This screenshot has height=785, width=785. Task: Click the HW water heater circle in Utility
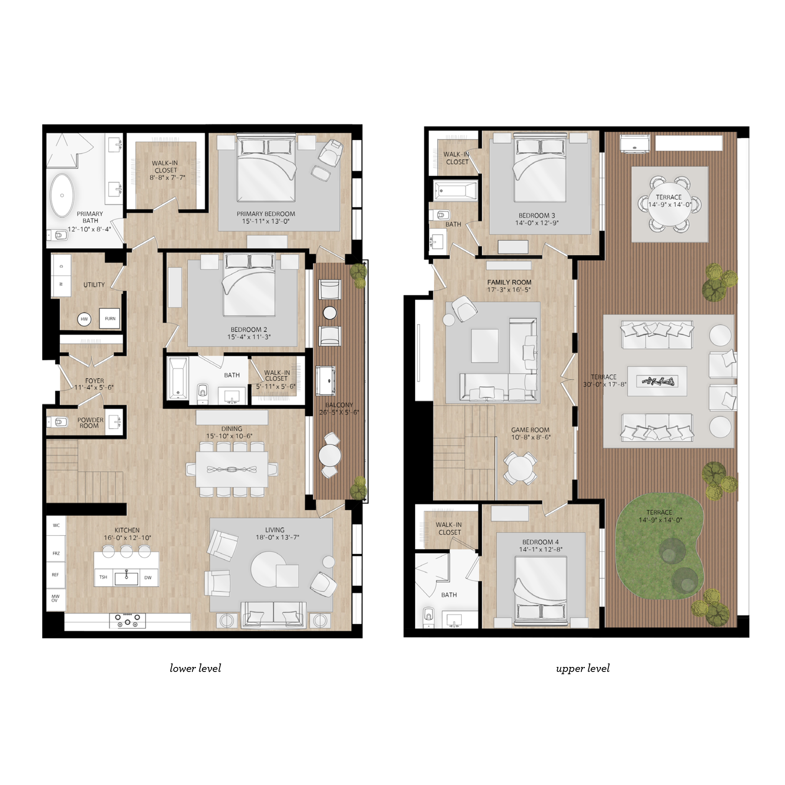tap(84, 319)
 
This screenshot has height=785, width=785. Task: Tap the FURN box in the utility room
tap(110, 319)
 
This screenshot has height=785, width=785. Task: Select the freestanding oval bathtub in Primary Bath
tap(62, 195)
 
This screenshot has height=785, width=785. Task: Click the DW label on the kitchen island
tap(148, 577)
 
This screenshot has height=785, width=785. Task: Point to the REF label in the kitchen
tap(55, 575)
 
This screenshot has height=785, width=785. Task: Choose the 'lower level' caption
tap(195, 668)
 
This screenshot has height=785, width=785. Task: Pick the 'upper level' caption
tap(583, 668)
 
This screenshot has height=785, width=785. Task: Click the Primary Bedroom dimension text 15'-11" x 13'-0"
tap(266, 222)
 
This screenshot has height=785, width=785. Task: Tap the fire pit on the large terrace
tap(657, 381)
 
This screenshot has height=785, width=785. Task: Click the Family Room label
tap(509, 282)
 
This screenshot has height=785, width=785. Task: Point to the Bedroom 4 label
tap(540, 542)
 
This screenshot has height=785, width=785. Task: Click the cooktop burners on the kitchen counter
tap(127, 620)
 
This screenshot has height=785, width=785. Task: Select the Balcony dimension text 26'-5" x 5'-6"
tap(339, 412)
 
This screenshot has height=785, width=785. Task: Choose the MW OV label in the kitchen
tap(55, 598)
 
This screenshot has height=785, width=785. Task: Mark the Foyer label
tap(94, 381)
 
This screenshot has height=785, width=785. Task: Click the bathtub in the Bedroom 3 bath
tap(455, 190)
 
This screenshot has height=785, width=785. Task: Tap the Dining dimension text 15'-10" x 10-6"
tap(229, 436)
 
